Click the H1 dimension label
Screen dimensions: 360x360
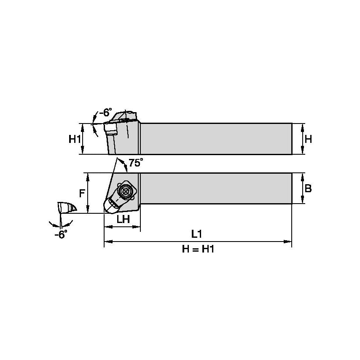click(x=75, y=139)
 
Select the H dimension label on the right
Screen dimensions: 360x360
click(x=308, y=139)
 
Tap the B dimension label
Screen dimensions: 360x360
click(x=308, y=188)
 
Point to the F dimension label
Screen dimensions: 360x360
click(x=82, y=193)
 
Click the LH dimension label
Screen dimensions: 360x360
click(x=123, y=219)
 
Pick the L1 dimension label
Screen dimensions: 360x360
click(x=197, y=234)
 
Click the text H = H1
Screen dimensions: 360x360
click(x=198, y=249)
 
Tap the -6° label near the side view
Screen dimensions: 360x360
click(x=105, y=113)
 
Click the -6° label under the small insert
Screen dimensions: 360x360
click(x=61, y=235)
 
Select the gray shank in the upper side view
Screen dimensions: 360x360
click(x=216, y=139)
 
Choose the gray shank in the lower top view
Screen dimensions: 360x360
click(x=216, y=188)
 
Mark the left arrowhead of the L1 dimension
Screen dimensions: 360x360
click(x=107, y=242)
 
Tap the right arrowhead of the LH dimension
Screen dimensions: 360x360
click(x=137, y=227)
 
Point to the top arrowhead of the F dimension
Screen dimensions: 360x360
click(x=88, y=175)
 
